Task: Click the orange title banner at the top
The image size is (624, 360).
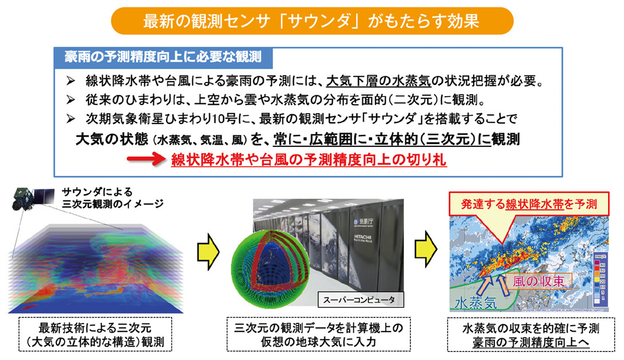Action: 312,21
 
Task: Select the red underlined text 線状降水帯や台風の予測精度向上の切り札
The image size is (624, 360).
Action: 309,160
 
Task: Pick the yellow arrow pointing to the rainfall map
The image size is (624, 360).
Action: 426,250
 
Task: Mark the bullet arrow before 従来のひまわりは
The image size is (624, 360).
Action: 71,101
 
